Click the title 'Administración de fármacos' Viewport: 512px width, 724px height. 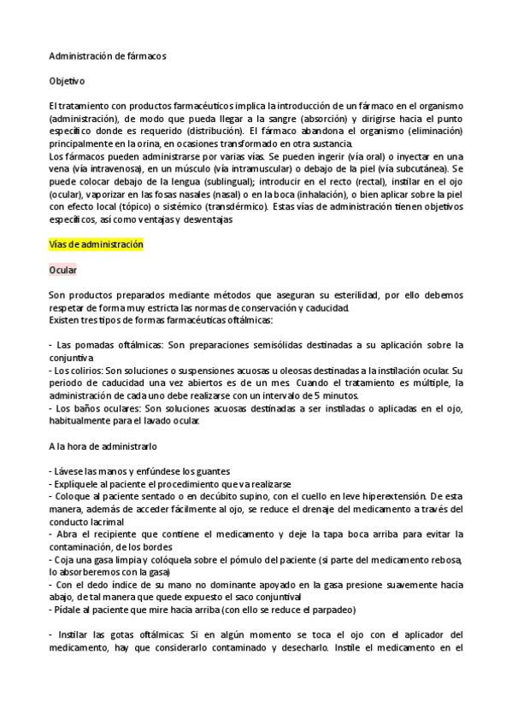(x=108, y=55)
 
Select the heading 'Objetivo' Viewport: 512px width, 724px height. (x=68, y=80)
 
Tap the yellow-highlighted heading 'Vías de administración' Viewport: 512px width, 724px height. (x=96, y=244)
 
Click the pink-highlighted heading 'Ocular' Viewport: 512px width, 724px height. (x=63, y=269)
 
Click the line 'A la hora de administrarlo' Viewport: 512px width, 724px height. (x=103, y=446)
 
